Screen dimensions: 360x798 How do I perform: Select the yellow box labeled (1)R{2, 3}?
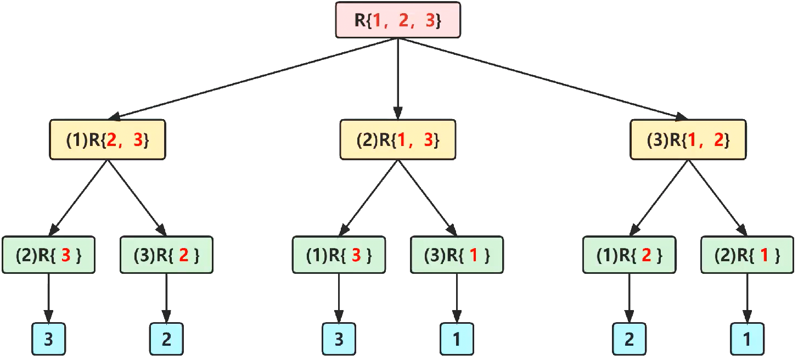click(x=108, y=140)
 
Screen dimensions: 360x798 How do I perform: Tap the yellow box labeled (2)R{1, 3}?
click(x=398, y=140)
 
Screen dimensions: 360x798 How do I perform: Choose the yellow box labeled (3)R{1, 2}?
click(x=688, y=140)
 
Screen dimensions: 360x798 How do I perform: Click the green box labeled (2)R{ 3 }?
click(x=48, y=255)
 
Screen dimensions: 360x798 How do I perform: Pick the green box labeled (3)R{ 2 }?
click(x=166, y=255)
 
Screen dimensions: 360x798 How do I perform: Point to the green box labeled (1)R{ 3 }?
click(x=339, y=255)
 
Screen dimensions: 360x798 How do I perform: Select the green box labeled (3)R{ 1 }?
click(x=457, y=255)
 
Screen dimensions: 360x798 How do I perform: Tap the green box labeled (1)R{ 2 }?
click(x=629, y=255)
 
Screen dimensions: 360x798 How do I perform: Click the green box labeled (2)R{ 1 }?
click(x=747, y=255)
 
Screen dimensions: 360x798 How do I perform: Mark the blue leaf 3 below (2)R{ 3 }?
click(x=48, y=339)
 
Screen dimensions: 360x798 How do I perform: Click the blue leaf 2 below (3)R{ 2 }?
click(x=166, y=339)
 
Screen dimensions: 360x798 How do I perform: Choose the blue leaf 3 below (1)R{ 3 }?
click(x=339, y=339)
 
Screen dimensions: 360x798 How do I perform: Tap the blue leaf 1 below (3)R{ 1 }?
click(x=457, y=339)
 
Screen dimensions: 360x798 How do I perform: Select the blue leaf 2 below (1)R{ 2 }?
click(x=629, y=339)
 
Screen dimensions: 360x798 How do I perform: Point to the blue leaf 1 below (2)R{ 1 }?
click(x=747, y=339)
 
